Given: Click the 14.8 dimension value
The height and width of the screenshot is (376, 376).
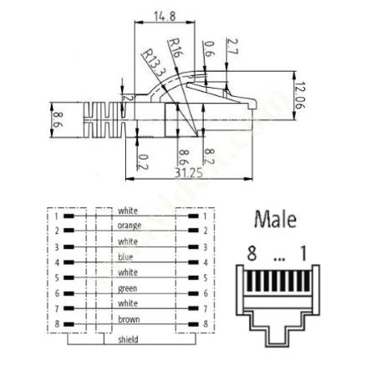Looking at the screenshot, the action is click(x=165, y=16).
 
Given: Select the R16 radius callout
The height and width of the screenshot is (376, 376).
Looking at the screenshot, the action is click(x=175, y=48).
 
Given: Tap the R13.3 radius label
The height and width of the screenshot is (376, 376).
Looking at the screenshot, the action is click(x=153, y=63).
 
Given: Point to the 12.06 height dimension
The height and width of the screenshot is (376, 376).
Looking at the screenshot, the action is click(x=300, y=95).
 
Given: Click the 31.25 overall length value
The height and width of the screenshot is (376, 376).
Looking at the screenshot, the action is click(x=189, y=173).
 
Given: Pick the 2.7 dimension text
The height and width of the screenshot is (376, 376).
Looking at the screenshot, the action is click(x=232, y=47).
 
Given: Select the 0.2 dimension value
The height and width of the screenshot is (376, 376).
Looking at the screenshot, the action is click(x=143, y=162).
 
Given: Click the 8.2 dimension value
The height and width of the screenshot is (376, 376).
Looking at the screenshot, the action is click(x=209, y=156).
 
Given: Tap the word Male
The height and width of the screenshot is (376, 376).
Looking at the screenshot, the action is click(x=275, y=219).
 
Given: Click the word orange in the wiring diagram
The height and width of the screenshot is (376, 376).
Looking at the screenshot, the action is click(x=130, y=226).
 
